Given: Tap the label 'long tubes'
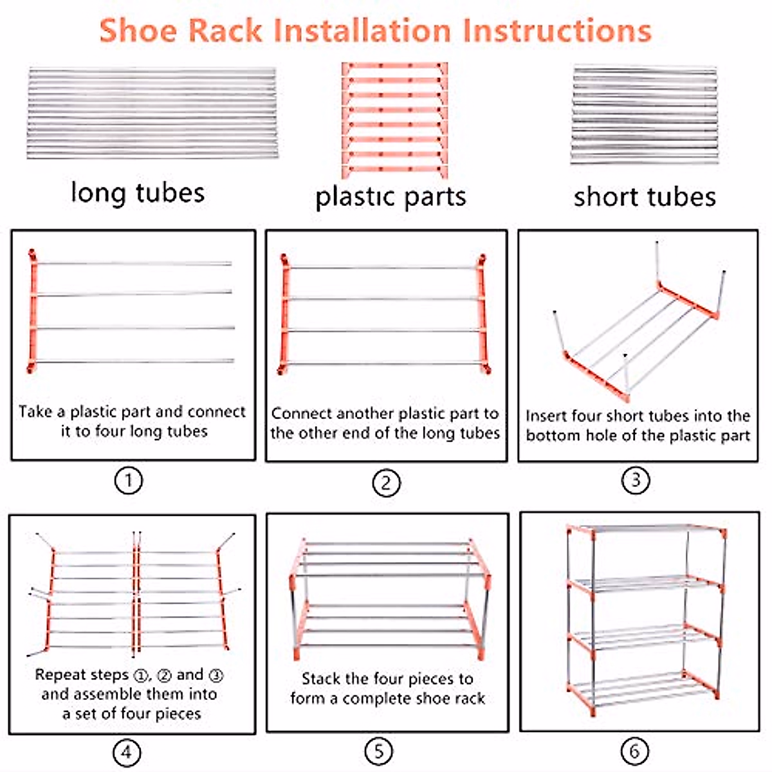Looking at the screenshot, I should click(x=138, y=192).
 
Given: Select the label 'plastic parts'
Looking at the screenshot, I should click(x=391, y=197).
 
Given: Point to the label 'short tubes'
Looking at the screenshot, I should click(x=645, y=197).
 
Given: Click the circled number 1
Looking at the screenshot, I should click(x=128, y=480).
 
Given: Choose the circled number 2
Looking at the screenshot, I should click(x=386, y=482).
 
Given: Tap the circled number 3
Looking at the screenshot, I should click(x=636, y=480).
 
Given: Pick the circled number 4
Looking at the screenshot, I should click(x=127, y=751).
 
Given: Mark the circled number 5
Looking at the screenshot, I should click(x=378, y=751).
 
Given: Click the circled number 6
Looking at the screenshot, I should click(x=634, y=751).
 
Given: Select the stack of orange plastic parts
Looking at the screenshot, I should click(x=394, y=120).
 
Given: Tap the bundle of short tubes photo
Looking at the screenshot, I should click(x=644, y=114).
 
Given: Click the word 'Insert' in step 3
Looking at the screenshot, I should click(x=546, y=416).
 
